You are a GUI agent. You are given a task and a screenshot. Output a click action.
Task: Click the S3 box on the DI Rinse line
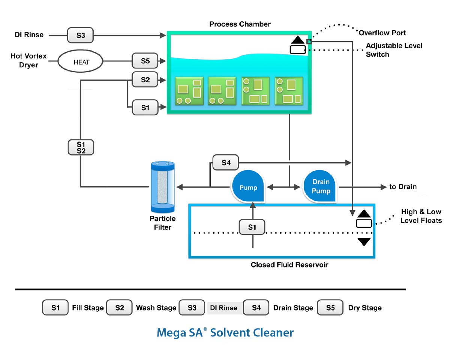(81, 35)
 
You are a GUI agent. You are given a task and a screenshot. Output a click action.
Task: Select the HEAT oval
(81, 62)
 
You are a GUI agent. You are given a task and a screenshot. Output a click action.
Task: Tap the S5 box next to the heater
(145, 61)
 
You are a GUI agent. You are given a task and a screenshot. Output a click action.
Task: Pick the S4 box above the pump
(225, 163)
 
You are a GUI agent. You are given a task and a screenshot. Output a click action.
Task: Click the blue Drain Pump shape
(321, 186)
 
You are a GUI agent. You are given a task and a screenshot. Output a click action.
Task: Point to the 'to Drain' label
(403, 187)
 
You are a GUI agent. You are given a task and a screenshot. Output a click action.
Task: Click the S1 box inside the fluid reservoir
(252, 227)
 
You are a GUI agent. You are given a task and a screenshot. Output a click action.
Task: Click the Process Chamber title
(240, 24)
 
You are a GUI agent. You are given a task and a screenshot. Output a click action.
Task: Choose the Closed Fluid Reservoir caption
(289, 265)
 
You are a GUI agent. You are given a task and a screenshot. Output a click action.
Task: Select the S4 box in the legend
(256, 308)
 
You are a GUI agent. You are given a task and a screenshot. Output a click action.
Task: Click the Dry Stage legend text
(364, 308)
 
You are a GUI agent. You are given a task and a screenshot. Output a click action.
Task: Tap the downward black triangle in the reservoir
(364, 242)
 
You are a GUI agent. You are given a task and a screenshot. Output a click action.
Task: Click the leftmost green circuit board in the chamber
(189, 91)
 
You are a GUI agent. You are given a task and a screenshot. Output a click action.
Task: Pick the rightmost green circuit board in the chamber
(289, 91)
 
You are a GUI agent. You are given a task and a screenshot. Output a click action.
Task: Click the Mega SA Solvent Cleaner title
(225, 332)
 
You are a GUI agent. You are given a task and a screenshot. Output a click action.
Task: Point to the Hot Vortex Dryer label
(28, 60)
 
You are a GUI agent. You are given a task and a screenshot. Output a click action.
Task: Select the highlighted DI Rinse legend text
(224, 308)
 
